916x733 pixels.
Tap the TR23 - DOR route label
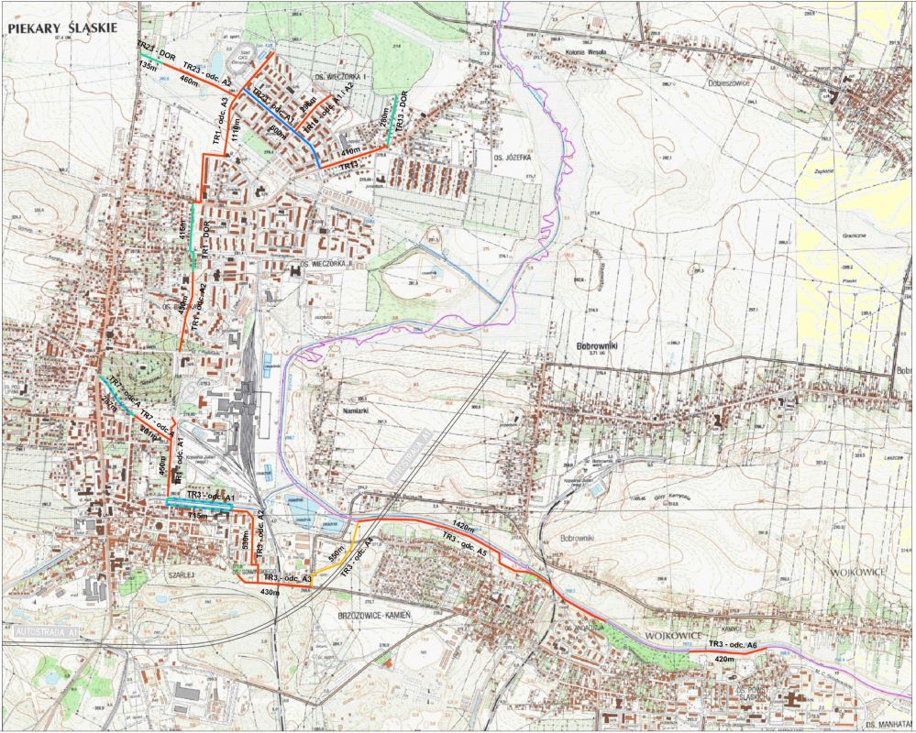(x=156, y=50)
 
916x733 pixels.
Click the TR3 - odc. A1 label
(x=212, y=496)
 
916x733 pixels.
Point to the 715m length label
(x=199, y=517)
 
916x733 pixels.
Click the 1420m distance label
(x=467, y=524)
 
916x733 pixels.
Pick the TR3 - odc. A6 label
(x=734, y=646)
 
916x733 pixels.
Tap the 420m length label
(x=724, y=659)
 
